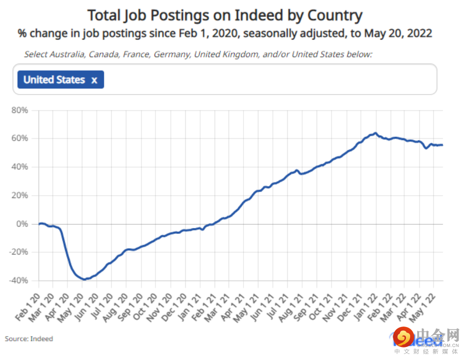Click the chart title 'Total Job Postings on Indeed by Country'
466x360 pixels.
tap(225, 15)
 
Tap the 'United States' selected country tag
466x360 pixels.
tap(54, 80)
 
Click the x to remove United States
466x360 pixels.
tap(94, 80)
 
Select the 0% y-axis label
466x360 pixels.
tap(22, 224)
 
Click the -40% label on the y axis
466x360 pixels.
tap(18, 280)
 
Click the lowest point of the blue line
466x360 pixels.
tap(84, 279)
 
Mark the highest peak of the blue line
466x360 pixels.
tap(376, 133)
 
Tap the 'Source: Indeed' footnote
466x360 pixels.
tap(29, 339)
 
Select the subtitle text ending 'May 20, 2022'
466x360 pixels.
tap(225, 33)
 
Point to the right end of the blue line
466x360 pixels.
tap(442, 145)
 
